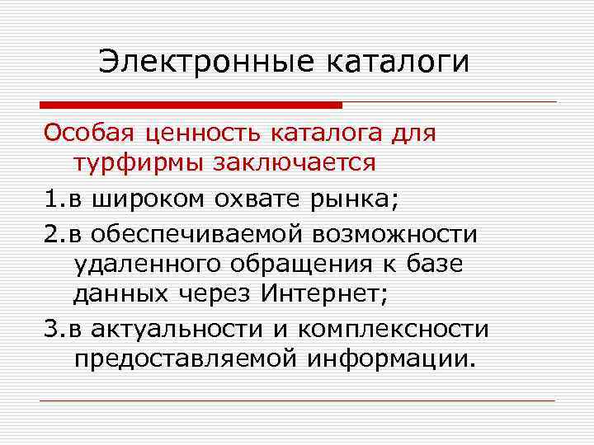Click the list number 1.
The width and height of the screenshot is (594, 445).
pos(50,198)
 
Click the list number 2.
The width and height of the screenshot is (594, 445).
pos(50,235)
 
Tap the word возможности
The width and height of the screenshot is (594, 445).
pos(395,235)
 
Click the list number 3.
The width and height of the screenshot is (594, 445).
pos(50,330)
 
